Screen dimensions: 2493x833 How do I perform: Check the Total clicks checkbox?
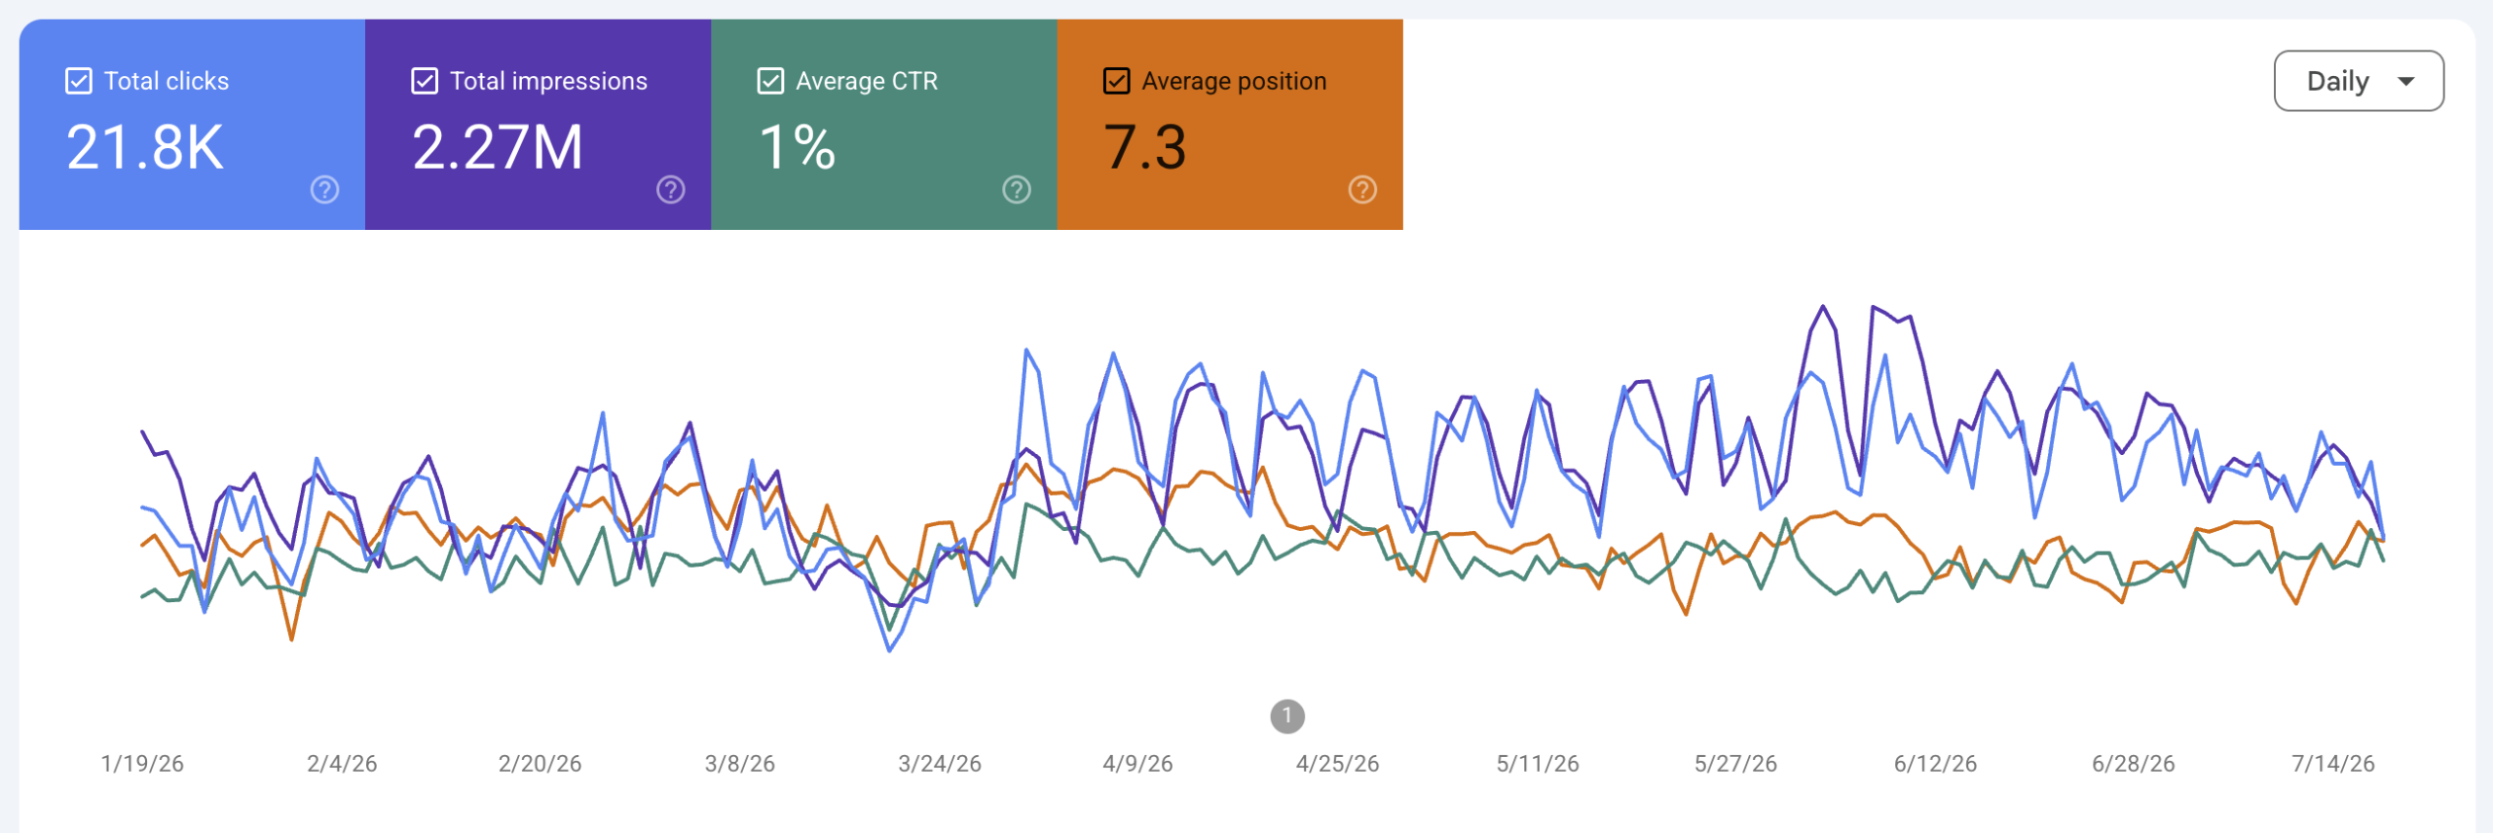click(x=79, y=81)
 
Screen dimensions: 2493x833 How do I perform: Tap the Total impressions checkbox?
click(x=425, y=81)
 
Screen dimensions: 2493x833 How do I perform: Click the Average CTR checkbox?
click(x=770, y=81)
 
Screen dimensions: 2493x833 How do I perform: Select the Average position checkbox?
click(x=1116, y=81)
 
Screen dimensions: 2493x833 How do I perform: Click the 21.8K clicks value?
click(x=145, y=148)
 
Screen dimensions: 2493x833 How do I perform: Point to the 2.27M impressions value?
click(x=498, y=148)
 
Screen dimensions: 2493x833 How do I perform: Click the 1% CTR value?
click(x=797, y=148)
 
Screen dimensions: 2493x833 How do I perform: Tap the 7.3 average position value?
click(x=1145, y=148)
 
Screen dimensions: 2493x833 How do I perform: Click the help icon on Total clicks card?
click(x=325, y=190)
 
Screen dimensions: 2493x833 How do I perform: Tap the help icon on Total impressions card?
click(x=671, y=190)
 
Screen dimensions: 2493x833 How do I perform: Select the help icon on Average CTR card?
click(x=1017, y=190)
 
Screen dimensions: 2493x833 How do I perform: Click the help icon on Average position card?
click(x=1362, y=190)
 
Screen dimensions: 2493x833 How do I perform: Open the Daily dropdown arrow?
click(x=2406, y=82)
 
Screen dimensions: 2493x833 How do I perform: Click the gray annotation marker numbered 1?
click(x=1287, y=716)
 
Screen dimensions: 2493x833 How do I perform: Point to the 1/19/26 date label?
click(x=142, y=764)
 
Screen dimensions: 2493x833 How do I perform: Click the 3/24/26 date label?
click(x=940, y=764)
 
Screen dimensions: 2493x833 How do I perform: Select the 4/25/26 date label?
click(x=1337, y=764)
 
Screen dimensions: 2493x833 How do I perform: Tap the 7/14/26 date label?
click(x=2333, y=764)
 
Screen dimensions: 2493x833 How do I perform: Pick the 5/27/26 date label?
click(x=1735, y=764)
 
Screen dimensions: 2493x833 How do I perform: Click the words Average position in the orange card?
click(x=1234, y=81)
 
